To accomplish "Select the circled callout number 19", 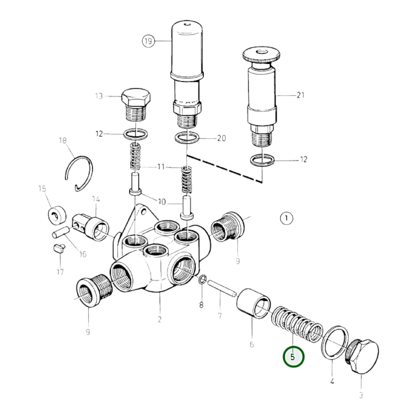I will pos(148,41).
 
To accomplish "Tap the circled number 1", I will pos(286,218).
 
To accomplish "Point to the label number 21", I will pos(300,95).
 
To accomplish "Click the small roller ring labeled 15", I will pos(57,215).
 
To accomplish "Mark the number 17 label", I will pos(60,272).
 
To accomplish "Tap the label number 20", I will pos(221,138).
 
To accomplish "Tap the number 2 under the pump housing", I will pos(159,319).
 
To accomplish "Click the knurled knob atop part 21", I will pos(262,55).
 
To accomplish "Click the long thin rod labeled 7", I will pos(222,288).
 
